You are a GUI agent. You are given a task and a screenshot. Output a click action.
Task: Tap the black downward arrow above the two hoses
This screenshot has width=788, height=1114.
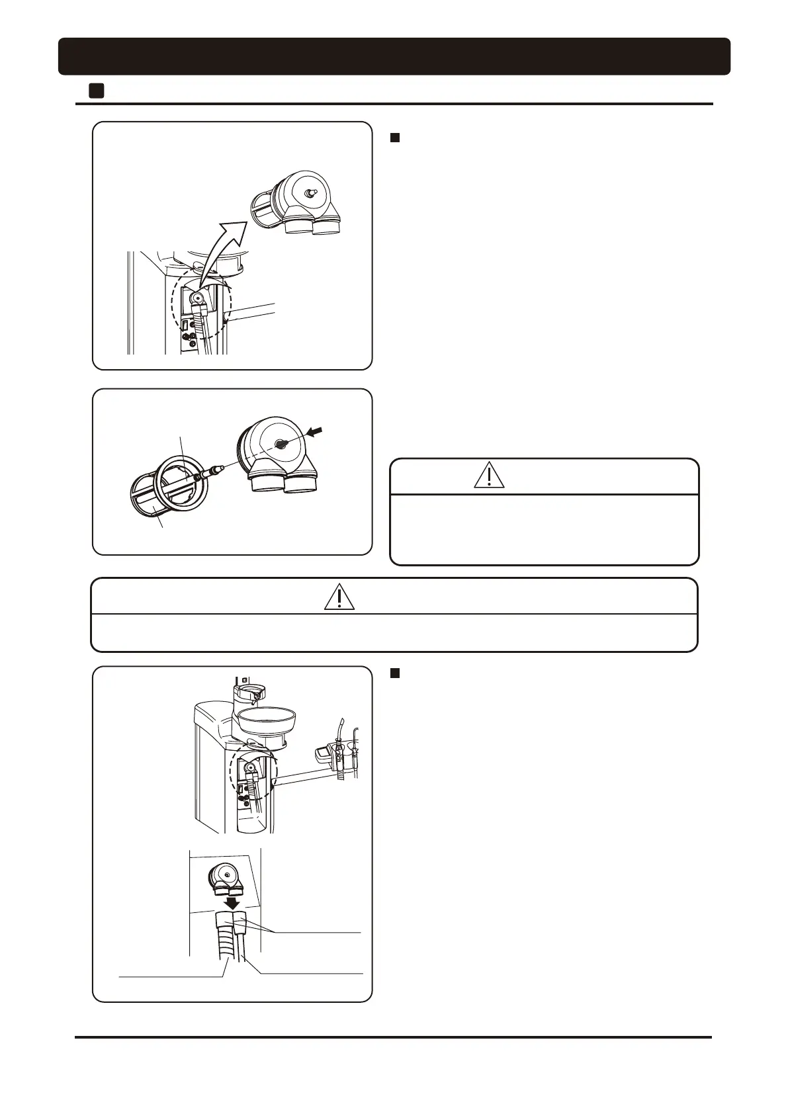232,902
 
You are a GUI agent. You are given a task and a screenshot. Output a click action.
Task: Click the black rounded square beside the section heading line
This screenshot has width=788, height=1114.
97,91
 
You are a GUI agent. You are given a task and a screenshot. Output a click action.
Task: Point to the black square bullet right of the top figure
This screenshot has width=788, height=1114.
395,138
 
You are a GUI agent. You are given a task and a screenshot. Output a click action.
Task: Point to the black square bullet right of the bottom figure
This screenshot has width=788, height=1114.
395,673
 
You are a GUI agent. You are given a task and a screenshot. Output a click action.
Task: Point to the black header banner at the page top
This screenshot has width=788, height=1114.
394,56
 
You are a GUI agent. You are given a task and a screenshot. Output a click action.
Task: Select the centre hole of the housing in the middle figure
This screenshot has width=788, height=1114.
281,445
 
